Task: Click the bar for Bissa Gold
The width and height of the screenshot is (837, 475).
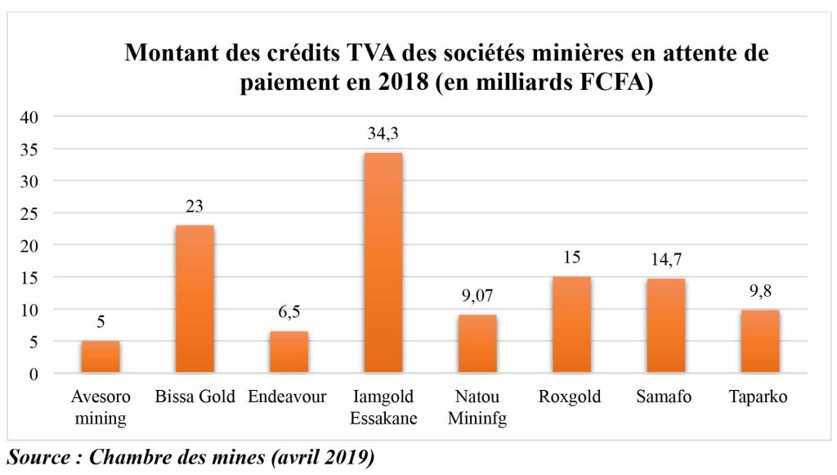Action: (195, 299)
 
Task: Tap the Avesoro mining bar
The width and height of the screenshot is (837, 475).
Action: (101, 357)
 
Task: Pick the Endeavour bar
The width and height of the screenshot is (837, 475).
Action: (289, 352)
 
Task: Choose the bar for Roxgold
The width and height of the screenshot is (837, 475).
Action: (571, 325)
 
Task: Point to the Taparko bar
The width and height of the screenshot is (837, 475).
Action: (759, 342)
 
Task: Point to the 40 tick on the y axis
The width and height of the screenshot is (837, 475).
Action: (29, 117)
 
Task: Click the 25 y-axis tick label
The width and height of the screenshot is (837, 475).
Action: (29, 213)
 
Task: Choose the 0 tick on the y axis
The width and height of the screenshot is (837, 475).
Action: (34, 374)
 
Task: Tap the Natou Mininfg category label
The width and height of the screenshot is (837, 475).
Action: (477, 408)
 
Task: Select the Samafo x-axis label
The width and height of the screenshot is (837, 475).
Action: (665, 397)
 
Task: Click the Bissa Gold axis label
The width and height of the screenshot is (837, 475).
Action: (195, 397)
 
